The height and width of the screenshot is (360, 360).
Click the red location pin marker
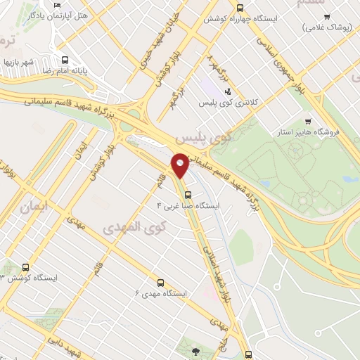pos(180,164)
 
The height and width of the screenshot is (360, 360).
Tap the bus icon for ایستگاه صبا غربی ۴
pos(187,195)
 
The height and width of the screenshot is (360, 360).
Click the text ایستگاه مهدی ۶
pos(161,292)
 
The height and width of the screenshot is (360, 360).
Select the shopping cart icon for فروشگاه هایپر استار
pos(308,121)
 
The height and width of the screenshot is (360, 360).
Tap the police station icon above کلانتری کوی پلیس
pos(226,91)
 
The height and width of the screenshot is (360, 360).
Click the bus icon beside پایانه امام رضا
pos(65,60)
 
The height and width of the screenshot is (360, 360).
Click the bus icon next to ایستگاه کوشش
pos(26,267)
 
